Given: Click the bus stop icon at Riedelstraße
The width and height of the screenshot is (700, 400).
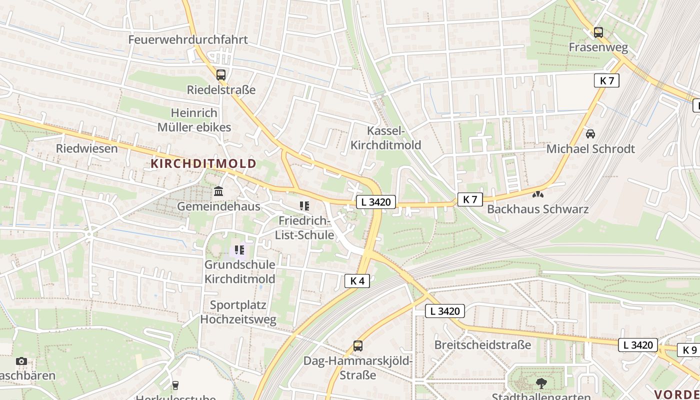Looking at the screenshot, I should (x=220, y=75).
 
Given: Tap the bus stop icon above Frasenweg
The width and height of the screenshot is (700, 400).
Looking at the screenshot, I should (x=598, y=32).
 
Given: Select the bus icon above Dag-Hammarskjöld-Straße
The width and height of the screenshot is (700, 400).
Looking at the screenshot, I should (x=358, y=345).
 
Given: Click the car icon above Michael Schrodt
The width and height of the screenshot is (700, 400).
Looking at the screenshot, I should (x=590, y=133).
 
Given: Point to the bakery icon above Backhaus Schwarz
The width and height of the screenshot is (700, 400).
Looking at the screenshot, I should (x=538, y=194).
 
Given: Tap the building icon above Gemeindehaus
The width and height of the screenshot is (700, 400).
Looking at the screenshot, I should (x=218, y=191).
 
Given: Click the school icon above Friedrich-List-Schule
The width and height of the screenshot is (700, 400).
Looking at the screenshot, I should (x=304, y=205).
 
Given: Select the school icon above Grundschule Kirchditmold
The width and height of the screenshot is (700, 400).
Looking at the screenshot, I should (x=239, y=249).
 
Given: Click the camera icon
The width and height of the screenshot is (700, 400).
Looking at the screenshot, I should (x=21, y=361).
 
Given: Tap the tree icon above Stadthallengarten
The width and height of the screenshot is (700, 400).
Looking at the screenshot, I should (x=541, y=383).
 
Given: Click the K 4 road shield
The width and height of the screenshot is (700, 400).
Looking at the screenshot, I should (x=357, y=281).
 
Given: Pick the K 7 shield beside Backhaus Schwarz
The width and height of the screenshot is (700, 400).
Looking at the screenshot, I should (x=470, y=199).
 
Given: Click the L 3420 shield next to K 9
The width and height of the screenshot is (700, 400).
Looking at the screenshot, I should (x=638, y=344).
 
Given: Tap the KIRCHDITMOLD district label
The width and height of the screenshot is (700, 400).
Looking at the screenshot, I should (x=203, y=163).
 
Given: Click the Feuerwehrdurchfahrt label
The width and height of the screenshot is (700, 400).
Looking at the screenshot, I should (x=188, y=39).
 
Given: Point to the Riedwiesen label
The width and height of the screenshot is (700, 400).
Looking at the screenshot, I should (x=87, y=148).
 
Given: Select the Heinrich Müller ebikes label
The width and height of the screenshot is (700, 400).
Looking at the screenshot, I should (x=194, y=120).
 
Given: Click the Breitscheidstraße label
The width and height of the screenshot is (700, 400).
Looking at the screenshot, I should (x=482, y=345).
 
